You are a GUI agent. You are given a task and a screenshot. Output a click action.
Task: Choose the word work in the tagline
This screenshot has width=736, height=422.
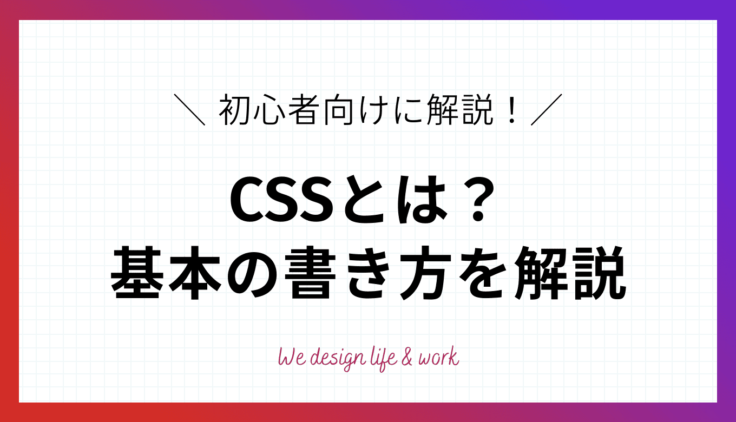pos(438,358)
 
